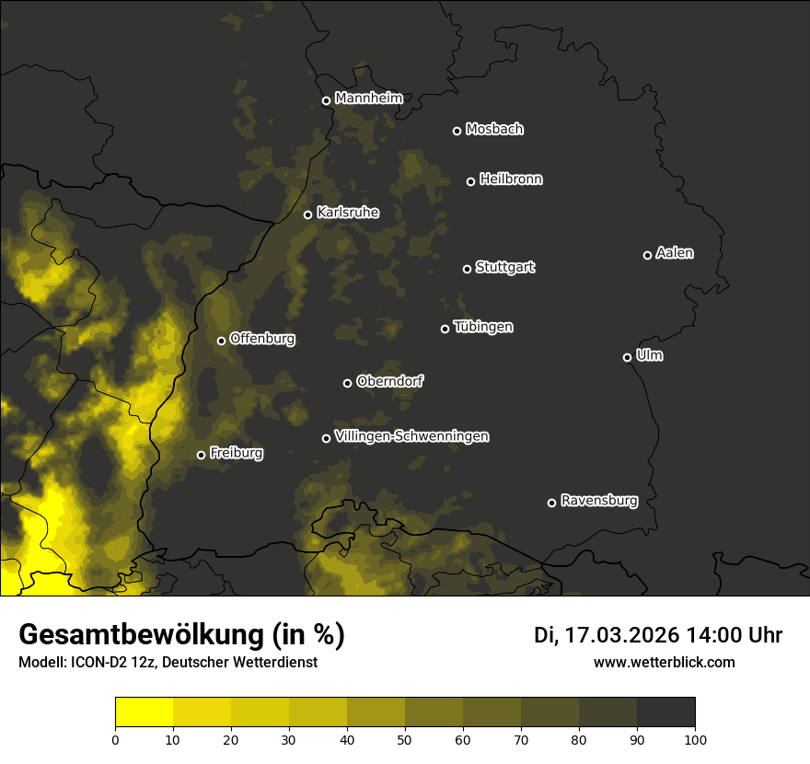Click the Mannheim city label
[x=369, y=98]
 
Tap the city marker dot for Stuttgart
[x=467, y=269]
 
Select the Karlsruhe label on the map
[x=348, y=213]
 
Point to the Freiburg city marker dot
[x=201, y=455]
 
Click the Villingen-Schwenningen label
[x=412, y=436]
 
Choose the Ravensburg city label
[x=599, y=501]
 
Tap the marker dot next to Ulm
[x=627, y=357]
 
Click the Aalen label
[x=675, y=253]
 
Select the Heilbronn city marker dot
[x=470, y=181]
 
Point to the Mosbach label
[x=494, y=129]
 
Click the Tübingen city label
[x=483, y=327]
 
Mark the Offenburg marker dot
[x=221, y=341]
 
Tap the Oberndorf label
[x=390, y=381]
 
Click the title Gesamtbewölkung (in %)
[x=181, y=634]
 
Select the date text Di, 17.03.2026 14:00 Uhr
[x=658, y=635]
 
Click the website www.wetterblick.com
[x=665, y=662]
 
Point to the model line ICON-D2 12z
[x=168, y=662]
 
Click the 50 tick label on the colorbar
[x=405, y=739]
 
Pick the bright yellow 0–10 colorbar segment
[x=145, y=712]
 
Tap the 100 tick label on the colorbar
[x=695, y=739]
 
